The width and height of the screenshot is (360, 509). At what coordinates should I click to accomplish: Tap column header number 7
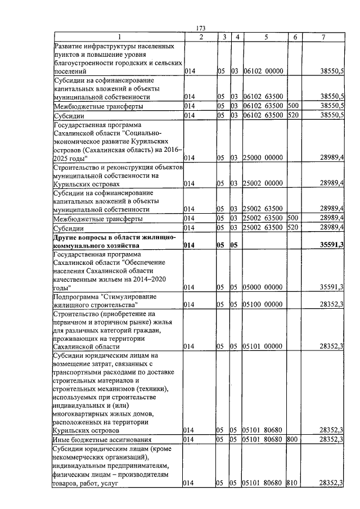pos(323,37)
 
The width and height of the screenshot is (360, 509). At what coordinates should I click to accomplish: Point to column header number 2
pos(201,37)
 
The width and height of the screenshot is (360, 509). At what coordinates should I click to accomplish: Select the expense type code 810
pos(291,483)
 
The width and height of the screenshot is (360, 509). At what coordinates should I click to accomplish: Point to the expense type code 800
pos(291,439)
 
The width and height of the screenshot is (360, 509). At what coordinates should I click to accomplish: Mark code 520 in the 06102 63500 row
pos(292,115)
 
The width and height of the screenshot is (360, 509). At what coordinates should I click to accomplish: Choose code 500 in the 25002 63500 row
pos(292,218)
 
